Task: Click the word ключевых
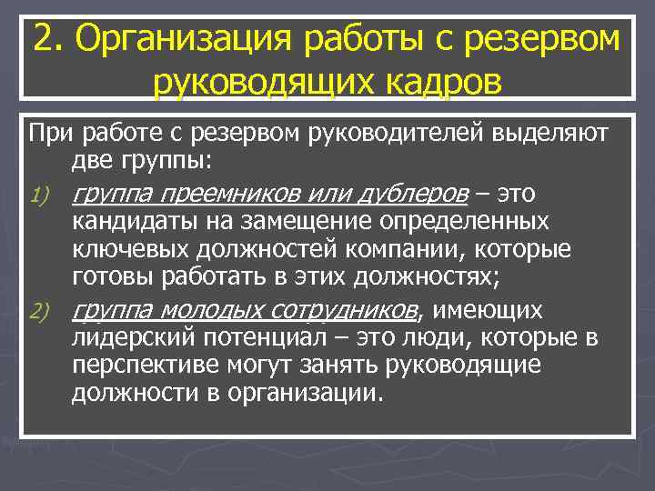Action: click(x=121, y=248)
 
